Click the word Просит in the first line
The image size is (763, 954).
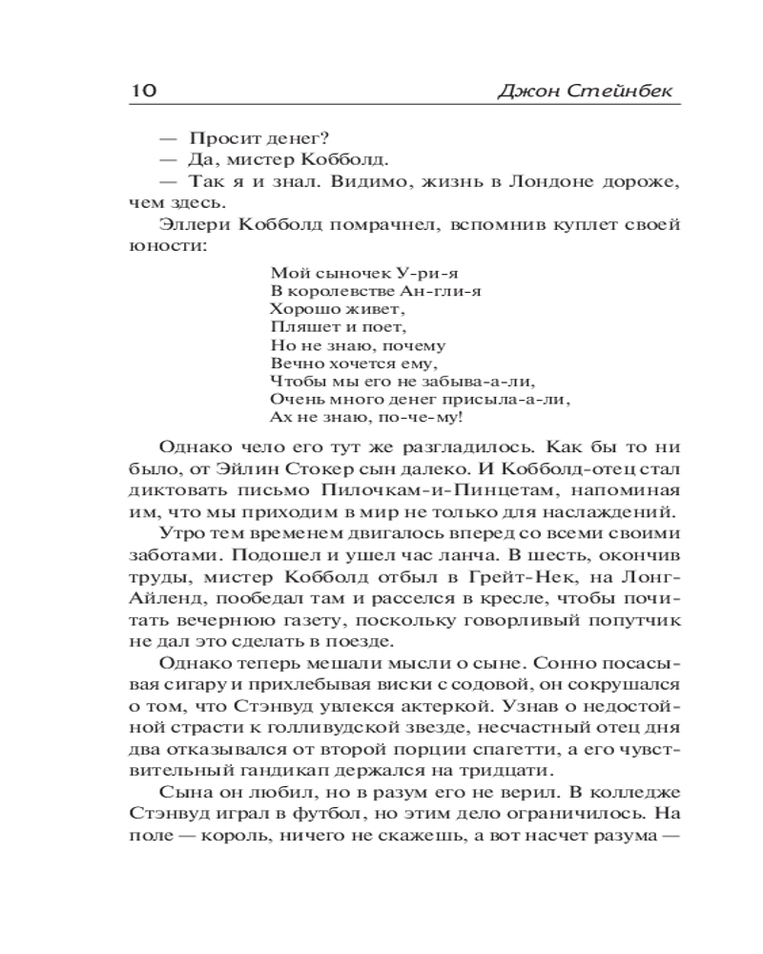223,139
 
